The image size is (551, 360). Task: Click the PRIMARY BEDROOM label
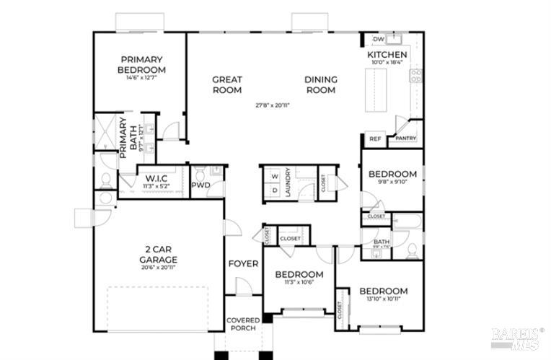point(141,64)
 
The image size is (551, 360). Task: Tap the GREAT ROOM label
point(226,84)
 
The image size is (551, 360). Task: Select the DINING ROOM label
point(321,84)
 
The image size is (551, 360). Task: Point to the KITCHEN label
point(387,55)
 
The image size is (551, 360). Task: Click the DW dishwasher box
point(378,39)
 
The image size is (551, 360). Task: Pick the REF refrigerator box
point(375,139)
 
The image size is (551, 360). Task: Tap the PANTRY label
point(405,139)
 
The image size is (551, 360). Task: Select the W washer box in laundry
point(274,176)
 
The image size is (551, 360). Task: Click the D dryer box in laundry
point(274,190)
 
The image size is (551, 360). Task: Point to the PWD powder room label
point(200,185)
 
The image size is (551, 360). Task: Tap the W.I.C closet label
point(157,178)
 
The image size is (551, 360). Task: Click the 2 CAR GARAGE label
point(159,255)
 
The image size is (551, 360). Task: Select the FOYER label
point(243,263)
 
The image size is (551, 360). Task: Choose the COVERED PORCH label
point(243,325)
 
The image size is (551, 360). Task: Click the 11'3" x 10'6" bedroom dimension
point(299,283)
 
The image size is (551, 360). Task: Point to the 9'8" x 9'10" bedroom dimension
point(392,183)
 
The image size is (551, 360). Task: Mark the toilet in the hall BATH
point(412,250)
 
